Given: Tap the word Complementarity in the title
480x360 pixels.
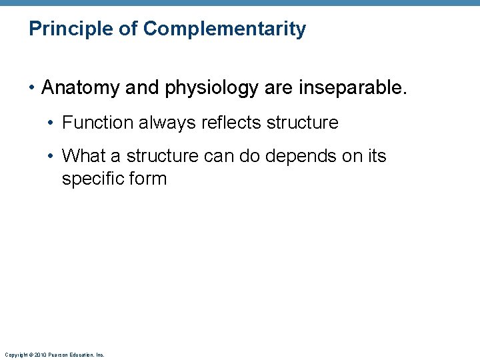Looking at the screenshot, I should (225, 29).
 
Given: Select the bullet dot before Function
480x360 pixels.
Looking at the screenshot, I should (53, 123).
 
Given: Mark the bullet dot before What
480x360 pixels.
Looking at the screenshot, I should (53, 157).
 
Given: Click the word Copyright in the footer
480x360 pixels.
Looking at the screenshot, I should (15, 355).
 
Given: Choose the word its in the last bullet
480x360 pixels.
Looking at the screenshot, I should (376, 156).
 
